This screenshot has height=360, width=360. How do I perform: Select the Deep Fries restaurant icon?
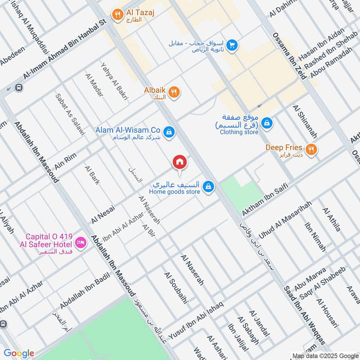pos(310,149)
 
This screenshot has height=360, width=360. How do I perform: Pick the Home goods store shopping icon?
pos(208,186)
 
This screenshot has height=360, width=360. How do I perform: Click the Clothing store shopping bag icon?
pos(267,122)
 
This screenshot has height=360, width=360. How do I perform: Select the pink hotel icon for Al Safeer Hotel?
pos(81,243)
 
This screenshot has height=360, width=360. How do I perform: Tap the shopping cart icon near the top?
pos(232,45)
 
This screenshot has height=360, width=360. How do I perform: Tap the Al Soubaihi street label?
pos(175,288)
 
